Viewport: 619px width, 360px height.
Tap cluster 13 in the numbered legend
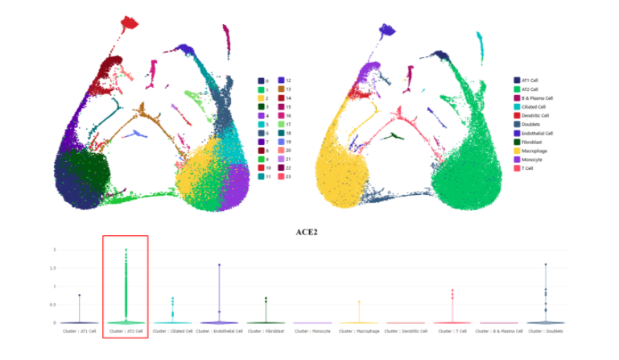(x=287, y=89)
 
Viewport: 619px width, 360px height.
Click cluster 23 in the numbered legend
(x=287, y=176)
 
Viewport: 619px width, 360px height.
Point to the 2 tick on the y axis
(x=54, y=250)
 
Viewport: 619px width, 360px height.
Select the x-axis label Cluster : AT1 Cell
(x=80, y=331)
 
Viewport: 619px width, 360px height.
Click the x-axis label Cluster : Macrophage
(x=358, y=331)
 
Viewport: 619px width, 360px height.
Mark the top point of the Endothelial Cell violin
(x=218, y=264)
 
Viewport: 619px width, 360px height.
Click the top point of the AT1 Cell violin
(x=79, y=296)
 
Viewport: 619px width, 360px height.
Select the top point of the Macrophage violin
(x=358, y=302)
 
